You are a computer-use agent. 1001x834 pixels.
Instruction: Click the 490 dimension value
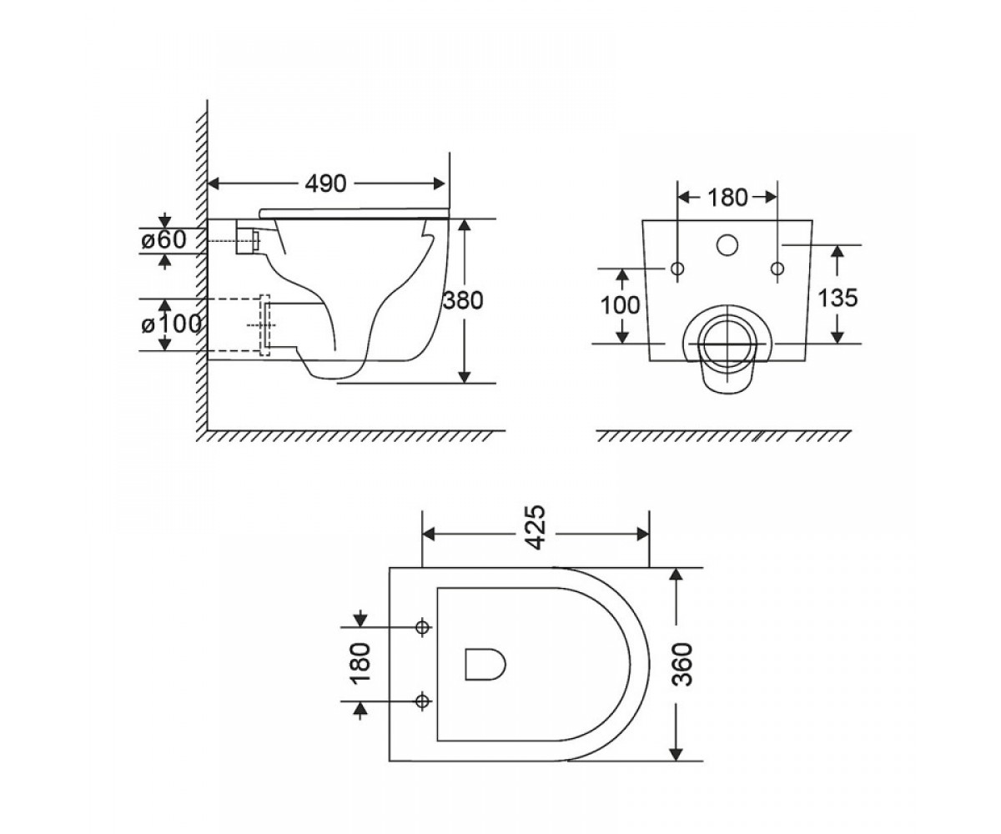click(x=325, y=183)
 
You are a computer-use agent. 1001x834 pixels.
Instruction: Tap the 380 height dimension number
click(x=463, y=300)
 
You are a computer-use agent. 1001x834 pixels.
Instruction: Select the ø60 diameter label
click(x=163, y=239)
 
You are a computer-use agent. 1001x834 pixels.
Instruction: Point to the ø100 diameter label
click(x=171, y=324)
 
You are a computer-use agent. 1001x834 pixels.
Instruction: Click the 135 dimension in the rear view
click(x=838, y=298)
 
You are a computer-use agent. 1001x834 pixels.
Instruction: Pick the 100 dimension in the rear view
click(x=621, y=305)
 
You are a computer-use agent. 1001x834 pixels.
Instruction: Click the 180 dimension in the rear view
click(x=727, y=198)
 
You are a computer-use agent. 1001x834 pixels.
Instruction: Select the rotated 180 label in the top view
click(x=361, y=664)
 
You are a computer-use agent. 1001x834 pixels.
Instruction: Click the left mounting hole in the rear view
click(x=677, y=269)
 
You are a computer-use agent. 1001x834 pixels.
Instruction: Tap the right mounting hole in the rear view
click(x=777, y=269)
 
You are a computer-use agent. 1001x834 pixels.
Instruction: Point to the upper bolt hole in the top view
click(x=422, y=627)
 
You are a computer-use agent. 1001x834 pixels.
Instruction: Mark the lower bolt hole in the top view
click(x=422, y=701)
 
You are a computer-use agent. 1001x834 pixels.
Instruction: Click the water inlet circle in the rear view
click(x=727, y=245)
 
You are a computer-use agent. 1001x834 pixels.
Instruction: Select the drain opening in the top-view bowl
click(x=485, y=665)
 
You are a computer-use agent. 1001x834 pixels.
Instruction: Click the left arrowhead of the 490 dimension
click(x=214, y=183)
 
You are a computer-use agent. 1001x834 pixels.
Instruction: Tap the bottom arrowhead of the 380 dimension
click(x=464, y=377)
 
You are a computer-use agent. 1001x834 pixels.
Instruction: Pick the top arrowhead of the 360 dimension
click(x=676, y=575)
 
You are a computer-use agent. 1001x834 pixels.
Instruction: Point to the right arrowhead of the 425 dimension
click(x=642, y=534)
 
